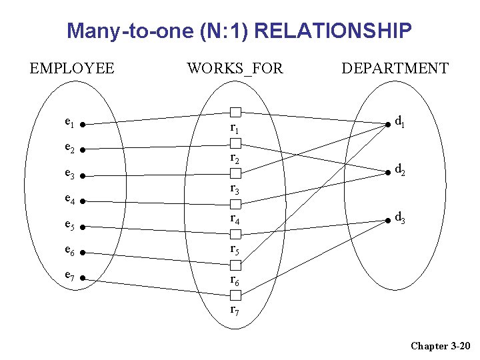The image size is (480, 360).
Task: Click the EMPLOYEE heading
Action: pyautogui.click(x=72, y=68)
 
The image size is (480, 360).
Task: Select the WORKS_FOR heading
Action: pyautogui.click(x=235, y=68)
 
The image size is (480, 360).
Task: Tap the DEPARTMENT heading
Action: pyautogui.click(x=395, y=68)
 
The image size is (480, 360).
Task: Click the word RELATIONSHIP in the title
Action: pyautogui.click(x=333, y=31)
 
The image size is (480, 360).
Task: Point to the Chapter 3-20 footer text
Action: pyautogui.click(x=441, y=345)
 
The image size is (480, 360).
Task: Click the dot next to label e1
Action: pyautogui.click(x=81, y=124)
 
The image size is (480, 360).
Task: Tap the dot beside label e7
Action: pyautogui.click(x=81, y=278)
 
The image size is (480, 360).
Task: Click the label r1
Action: pyautogui.click(x=235, y=127)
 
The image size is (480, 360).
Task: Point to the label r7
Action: pyautogui.click(x=235, y=309)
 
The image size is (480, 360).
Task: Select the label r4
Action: pyautogui.click(x=235, y=218)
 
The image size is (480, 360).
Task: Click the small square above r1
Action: pyautogui.click(x=235, y=111)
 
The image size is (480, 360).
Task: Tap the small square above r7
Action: pyautogui.click(x=235, y=295)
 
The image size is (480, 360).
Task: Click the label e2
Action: pyautogui.click(x=69, y=148)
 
